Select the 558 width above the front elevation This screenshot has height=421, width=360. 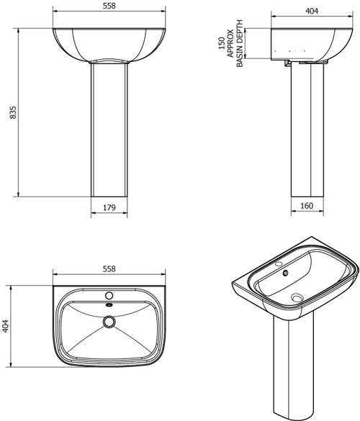click(x=109, y=6)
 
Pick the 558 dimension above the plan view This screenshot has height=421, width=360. click(x=109, y=268)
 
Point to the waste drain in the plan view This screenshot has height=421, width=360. click(x=109, y=322)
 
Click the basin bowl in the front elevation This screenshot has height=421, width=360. click(x=109, y=43)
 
